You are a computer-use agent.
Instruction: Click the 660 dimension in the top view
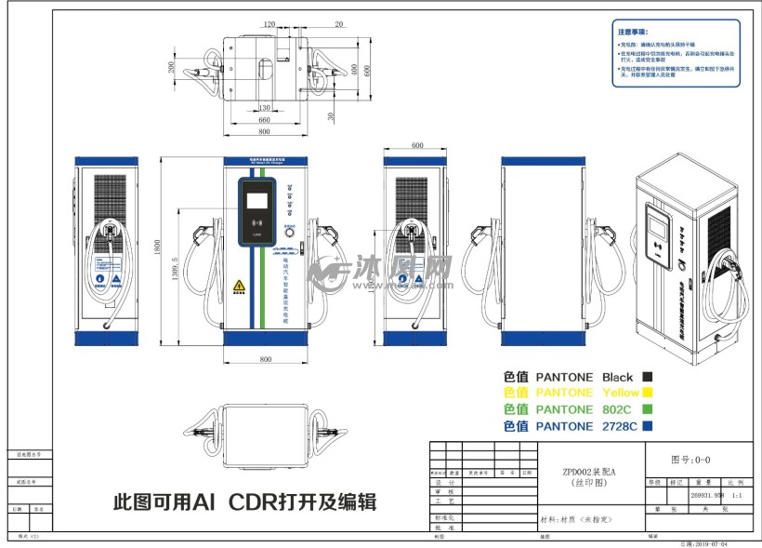point(264,120)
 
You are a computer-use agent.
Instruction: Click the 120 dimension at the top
point(269,23)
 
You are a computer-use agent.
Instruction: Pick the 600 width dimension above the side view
point(416,145)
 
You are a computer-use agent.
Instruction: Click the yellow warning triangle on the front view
point(239,285)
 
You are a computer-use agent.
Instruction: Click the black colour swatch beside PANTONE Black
point(647,377)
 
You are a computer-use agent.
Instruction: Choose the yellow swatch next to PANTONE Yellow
point(647,393)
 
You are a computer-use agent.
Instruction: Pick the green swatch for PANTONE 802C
point(647,408)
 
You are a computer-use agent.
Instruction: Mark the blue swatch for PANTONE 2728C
point(647,426)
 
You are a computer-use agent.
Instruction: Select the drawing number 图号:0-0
point(690,459)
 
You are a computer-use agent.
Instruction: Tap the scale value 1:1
point(734,497)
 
